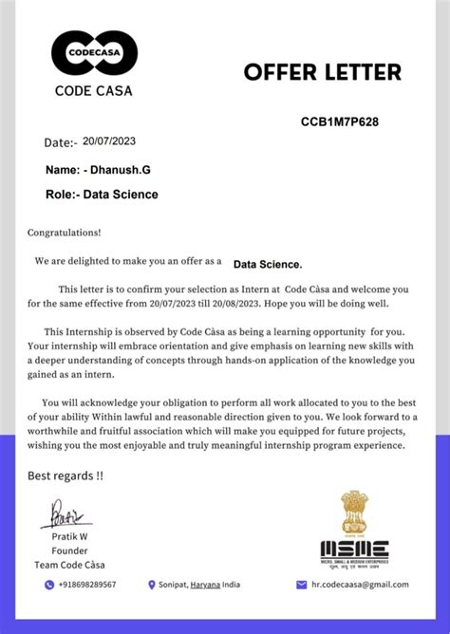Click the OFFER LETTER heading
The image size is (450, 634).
tap(323, 72)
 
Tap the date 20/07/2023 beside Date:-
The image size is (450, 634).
tap(110, 140)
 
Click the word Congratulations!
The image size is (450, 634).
tap(64, 232)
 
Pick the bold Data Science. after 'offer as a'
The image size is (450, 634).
tap(268, 264)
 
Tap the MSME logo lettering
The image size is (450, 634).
tap(353, 549)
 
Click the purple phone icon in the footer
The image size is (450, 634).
tap(49, 585)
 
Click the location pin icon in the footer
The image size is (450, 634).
tap(152, 585)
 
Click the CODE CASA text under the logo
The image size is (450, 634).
tap(94, 91)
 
